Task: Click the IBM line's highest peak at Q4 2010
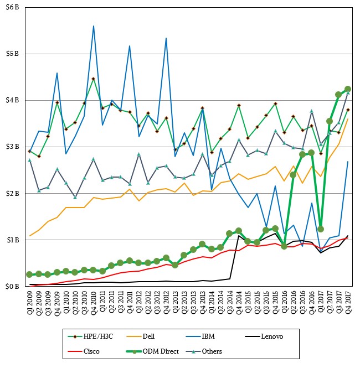point(93,26)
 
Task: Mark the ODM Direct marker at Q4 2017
point(348,89)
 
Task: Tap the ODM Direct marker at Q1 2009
point(29,274)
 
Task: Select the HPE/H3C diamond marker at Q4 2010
point(93,79)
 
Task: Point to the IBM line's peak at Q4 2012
point(166,38)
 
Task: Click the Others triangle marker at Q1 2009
point(29,160)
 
